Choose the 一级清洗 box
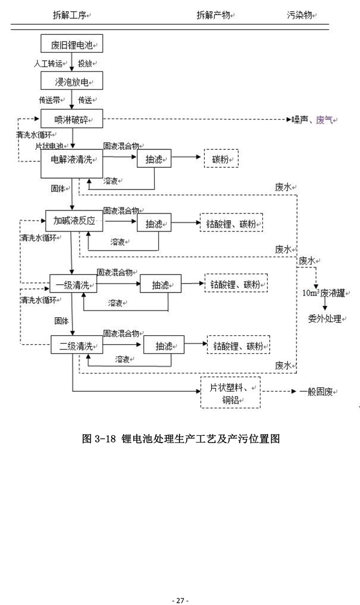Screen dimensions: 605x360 tap(73, 285)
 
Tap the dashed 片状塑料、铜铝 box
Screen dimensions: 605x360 tap(230, 393)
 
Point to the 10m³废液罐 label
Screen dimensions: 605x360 tap(323, 293)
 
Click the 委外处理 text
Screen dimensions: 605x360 tap(325, 319)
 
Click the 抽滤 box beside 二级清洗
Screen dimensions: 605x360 tap(163, 346)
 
